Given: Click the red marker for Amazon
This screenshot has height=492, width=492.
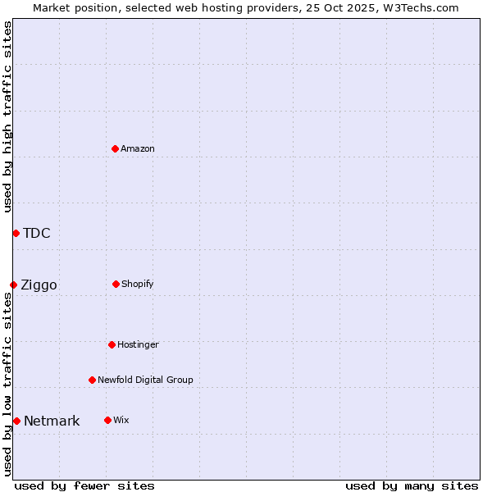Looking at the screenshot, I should (x=116, y=148).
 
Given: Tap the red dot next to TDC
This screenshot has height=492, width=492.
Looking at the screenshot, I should (x=16, y=233).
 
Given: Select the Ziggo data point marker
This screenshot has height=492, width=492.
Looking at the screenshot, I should (x=13, y=285).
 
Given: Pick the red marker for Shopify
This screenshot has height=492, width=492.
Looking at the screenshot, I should (x=116, y=284).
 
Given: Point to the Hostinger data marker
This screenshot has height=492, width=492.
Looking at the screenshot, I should (x=112, y=344).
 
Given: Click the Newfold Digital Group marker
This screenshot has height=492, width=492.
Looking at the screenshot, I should (x=92, y=380).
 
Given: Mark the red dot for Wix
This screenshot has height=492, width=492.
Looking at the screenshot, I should (x=107, y=420).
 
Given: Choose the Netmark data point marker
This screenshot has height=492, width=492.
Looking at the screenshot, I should (x=16, y=421).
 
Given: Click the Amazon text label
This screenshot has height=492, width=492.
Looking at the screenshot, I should (x=138, y=148).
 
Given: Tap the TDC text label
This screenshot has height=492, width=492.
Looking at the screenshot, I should (x=37, y=233).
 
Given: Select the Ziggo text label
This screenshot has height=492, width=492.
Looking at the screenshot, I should (x=39, y=285).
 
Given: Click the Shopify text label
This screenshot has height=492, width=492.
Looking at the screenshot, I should (x=138, y=284).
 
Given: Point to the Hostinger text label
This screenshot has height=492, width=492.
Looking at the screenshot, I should (x=138, y=344).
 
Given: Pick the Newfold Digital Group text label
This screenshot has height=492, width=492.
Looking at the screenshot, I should (x=145, y=380).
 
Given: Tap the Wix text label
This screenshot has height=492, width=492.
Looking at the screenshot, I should (x=121, y=420).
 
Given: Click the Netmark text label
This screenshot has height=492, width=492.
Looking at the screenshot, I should (x=52, y=421).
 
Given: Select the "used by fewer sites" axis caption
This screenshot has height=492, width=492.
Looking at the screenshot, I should (x=84, y=485).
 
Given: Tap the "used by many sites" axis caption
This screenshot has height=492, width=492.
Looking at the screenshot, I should (x=412, y=485).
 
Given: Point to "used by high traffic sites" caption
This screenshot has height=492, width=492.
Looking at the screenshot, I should (x=7, y=116).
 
